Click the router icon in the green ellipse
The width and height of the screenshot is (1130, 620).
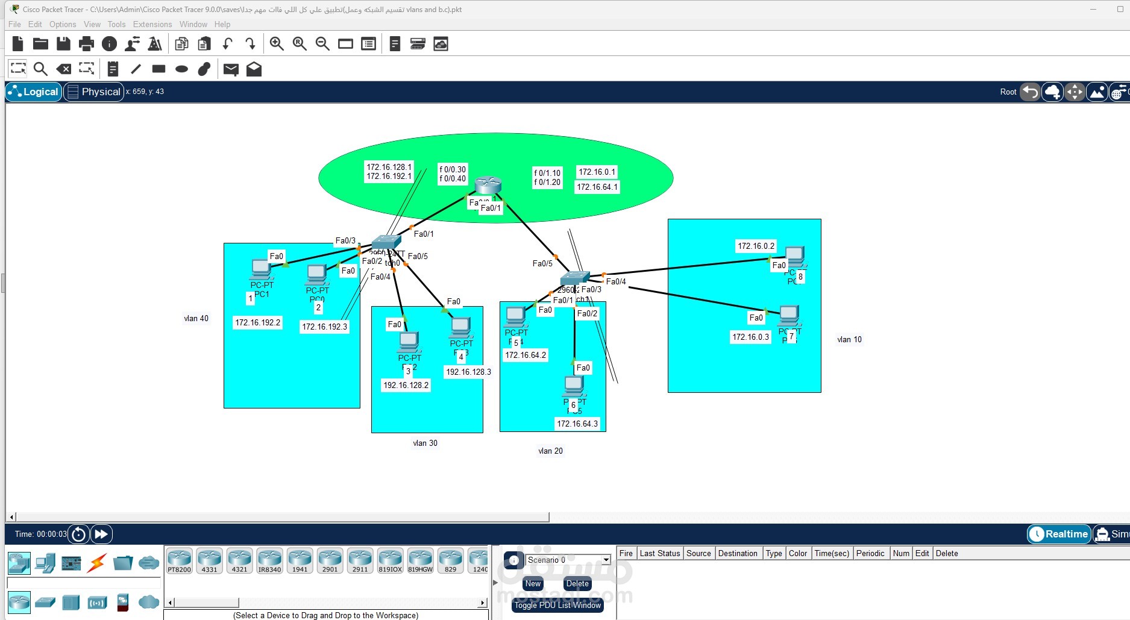(488, 185)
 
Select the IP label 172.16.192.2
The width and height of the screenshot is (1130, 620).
(257, 323)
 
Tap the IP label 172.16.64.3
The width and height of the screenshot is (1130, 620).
(577, 424)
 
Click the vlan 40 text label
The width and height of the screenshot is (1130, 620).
(196, 319)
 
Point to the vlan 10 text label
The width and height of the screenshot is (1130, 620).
(849, 340)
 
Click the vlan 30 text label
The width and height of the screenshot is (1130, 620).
(425, 443)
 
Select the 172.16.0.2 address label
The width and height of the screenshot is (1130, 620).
(756, 246)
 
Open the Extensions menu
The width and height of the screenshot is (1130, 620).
(152, 24)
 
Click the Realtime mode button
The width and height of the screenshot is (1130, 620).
(1059, 534)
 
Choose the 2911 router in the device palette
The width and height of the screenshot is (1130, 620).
(360, 560)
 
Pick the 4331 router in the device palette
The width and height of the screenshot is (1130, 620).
(209, 560)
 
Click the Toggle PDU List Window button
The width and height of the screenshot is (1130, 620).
(557, 605)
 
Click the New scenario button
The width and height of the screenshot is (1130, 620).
(533, 583)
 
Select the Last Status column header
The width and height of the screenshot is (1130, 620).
(659, 553)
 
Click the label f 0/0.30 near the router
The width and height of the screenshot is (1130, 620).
(453, 170)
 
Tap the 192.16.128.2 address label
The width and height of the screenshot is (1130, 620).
(406, 386)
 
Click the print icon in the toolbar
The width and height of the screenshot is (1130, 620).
(86, 43)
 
